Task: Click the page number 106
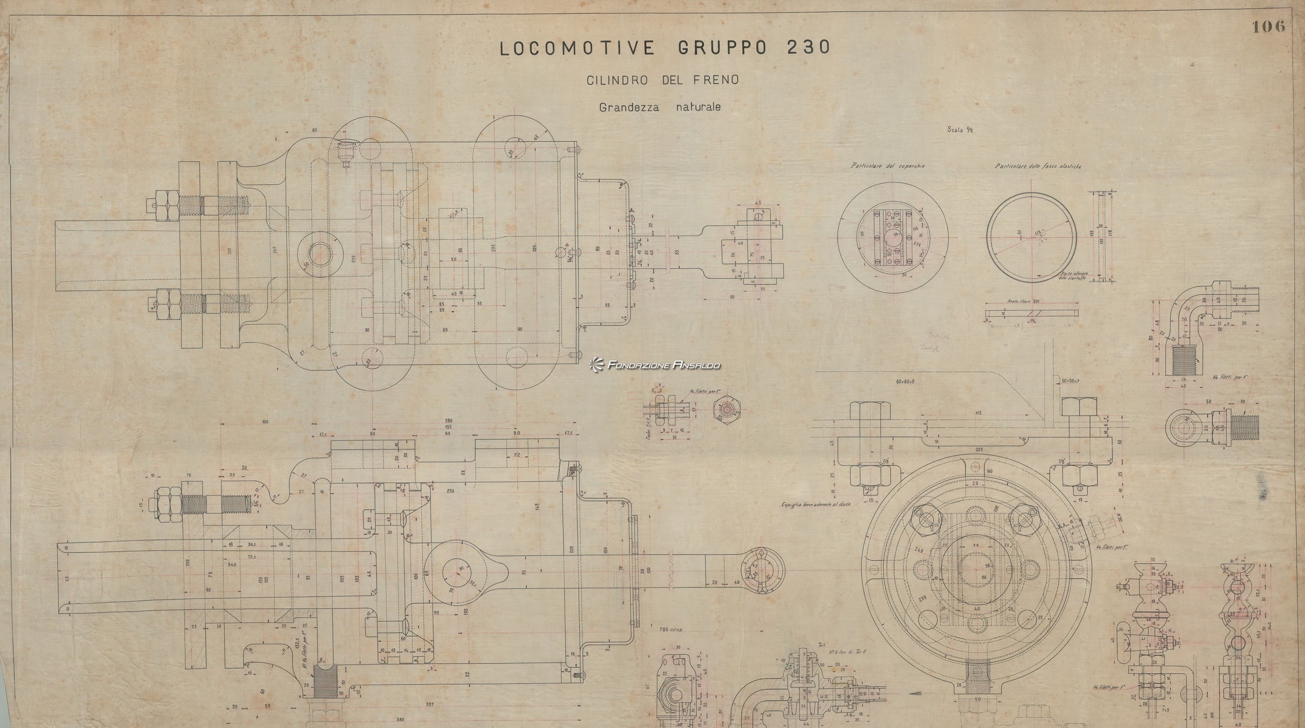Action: [x=1269, y=27]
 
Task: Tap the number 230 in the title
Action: [x=808, y=47]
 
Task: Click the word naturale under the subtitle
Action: [x=698, y=107]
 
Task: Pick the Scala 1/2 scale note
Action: [x=960, y=130]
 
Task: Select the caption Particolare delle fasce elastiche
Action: [x=1037, y=166]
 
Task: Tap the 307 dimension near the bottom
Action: [x=429, y=705]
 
